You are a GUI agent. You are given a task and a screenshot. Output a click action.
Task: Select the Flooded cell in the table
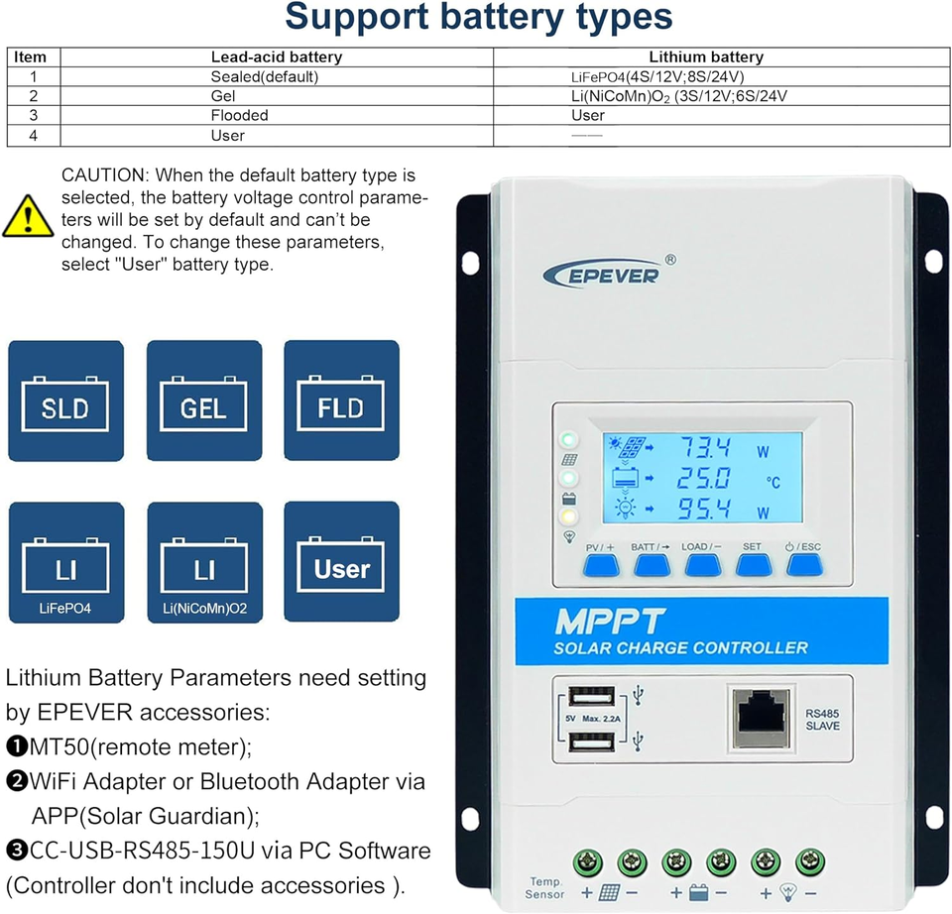coord(239,116)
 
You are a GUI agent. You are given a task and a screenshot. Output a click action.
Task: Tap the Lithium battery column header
coord(705,57)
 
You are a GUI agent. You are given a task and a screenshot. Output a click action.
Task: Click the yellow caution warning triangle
coord(29,216)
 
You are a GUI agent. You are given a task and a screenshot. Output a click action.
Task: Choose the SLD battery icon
coord(65,400)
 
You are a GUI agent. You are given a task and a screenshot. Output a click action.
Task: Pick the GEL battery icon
coord(204,400)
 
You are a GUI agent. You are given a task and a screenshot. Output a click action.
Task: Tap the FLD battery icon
coord(341,400)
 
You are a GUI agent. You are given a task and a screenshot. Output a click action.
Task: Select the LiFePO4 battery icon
coord(65,562)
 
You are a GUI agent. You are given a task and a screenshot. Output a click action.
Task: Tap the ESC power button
coord(803,565)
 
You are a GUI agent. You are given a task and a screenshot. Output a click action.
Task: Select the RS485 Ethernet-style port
coord(761,716)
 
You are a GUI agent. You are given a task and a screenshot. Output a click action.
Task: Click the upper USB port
coord(593,697)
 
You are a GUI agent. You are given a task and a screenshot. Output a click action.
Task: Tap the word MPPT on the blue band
coord(609,623)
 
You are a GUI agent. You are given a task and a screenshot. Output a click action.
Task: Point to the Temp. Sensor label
coord(544,888)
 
